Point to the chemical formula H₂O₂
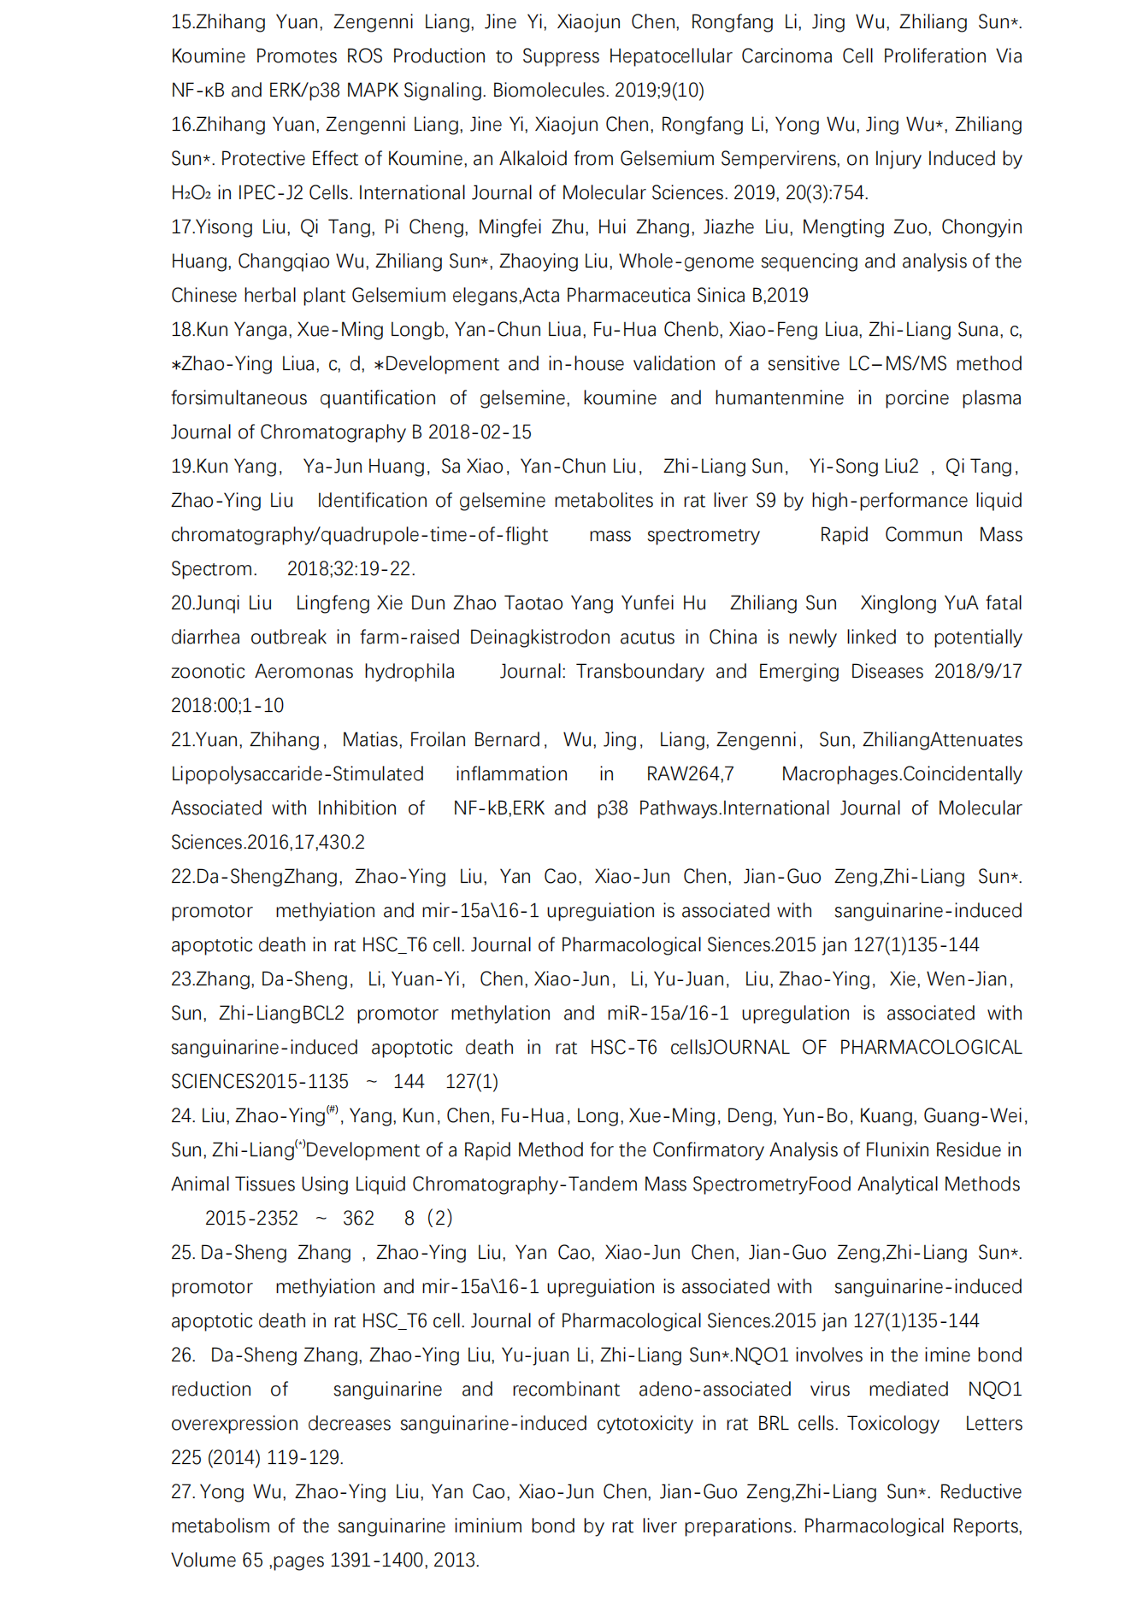(191, 193)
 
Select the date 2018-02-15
(480, 432)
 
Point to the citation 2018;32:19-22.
(350, 569)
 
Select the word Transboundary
(639, 672)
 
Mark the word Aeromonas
(303, 672)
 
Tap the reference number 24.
(182, 1116)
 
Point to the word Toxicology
(892, 1424)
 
